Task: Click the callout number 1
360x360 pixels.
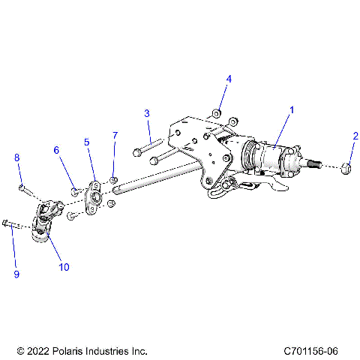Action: pos(292,109)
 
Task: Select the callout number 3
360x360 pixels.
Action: pos(147,113)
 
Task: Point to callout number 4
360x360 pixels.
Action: pos(229,79)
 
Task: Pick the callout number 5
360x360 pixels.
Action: pos(87,141)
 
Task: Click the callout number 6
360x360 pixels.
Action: pos(55,150)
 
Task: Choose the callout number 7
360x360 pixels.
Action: pos(115,135)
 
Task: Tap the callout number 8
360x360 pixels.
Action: pos(16,157)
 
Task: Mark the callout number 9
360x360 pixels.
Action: pos(16,274)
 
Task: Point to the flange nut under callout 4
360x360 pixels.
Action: pos(216,114)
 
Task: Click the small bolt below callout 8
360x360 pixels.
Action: pos(22,187)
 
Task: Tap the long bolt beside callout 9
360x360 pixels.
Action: pos(15,223)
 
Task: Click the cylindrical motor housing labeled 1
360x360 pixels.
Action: pos(270,158)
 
